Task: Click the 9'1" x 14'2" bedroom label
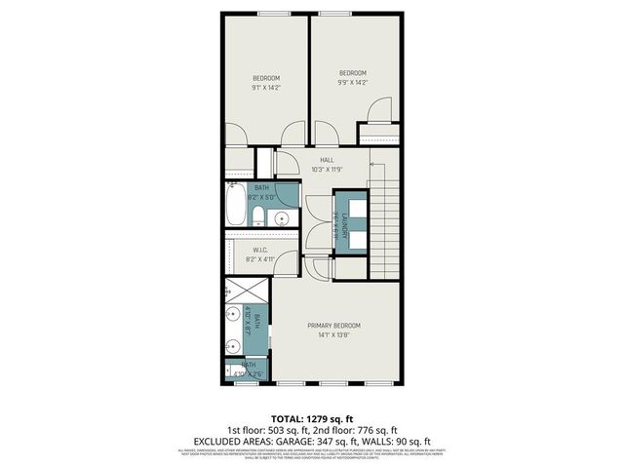[266, 78]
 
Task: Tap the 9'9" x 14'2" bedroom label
[352, 73]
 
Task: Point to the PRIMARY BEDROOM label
[334, 325]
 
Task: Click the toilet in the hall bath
[258, 216]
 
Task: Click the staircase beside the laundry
[387, 219]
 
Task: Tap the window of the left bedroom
[270, 13]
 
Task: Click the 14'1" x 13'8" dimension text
[334, 336]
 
